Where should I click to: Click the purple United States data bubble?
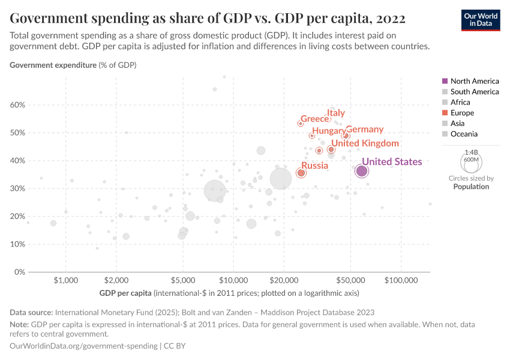tap(362, 172)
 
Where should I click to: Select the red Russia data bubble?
tap(301, 173)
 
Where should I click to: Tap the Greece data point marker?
tap(301, 124)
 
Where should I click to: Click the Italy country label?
tap(336, 113)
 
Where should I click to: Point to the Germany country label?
tap(364, 130)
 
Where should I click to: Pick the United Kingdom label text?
tap(365, 143)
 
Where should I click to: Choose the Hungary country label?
tap(329, 131)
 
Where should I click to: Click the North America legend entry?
tap(474, 81)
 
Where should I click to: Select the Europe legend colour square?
tap(444, 113)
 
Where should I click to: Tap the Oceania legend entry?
tap(464, 134)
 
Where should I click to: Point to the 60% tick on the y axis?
tap(18, 105)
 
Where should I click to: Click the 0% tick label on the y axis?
tap(20, 272)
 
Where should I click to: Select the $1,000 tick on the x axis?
tap(66, 280)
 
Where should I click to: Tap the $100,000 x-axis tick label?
tap(400, 280)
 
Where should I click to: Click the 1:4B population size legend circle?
tap(469, 161)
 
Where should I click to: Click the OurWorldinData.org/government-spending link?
tap(84, 346)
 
